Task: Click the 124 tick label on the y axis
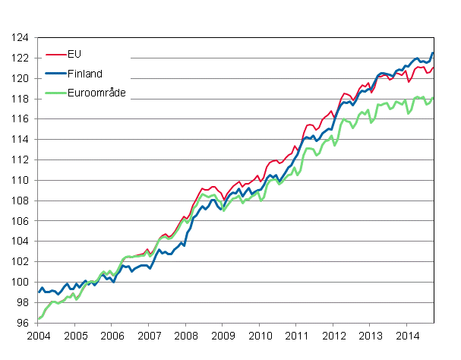pyautogui.click(x=21, y=38)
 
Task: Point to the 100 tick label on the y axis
pyautogui.click(x=21, y=282)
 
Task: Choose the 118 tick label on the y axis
pyautogui.click(x=21, y=99)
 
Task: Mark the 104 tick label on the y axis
pyautogui.click(x=21, y=242)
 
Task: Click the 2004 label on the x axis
pyautogui.click(x=38, y=335)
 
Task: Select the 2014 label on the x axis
pyautogui.click(x=407, y=335)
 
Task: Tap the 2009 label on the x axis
pyautogui.click(x=223, y=335)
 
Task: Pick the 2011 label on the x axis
pyautogui.click(x=296, y=335)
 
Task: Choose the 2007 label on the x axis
pyautogui.click(x=149, y=335)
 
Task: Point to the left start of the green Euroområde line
pyautogui.click(x=38, y=319)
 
